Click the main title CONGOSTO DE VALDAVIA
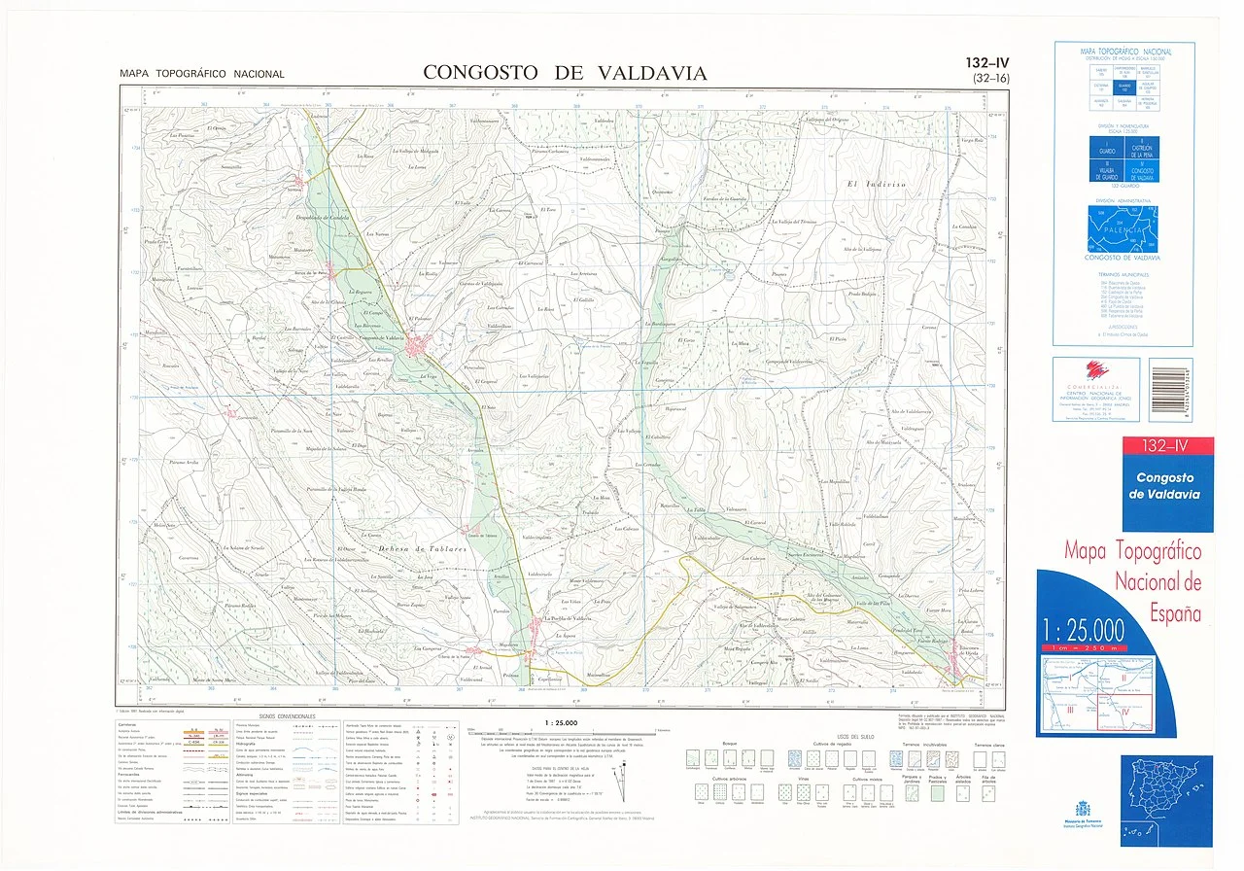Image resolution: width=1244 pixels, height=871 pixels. tap(565, 73)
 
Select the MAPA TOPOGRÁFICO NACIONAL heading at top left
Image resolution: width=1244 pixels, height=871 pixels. tap(202, 74)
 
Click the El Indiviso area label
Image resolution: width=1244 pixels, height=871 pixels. tap(876, 183)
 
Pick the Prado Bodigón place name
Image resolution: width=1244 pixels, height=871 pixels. tap(861, 293)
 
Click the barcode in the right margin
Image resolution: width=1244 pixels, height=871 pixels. tap(1169, 390)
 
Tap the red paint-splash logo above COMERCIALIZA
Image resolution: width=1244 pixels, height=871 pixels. tap(1096, 368)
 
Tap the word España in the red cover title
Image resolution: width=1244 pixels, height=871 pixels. tap(1174, 613)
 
